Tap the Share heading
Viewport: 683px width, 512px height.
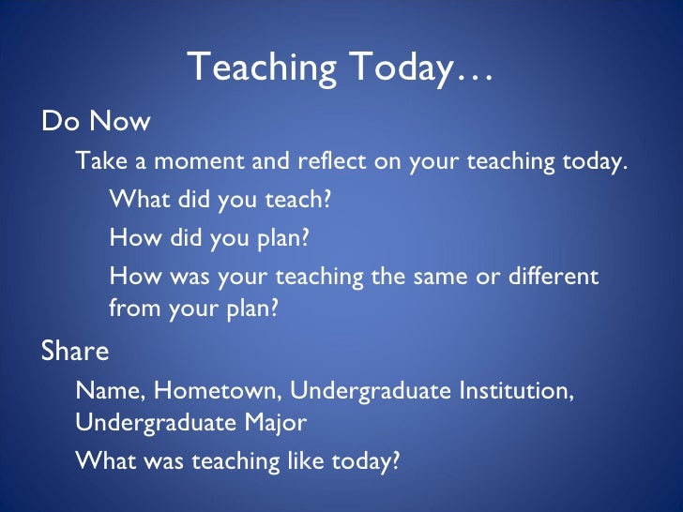75,352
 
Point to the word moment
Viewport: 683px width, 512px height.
196,161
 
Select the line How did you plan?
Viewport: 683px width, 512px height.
208,238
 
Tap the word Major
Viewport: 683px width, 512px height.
273,423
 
